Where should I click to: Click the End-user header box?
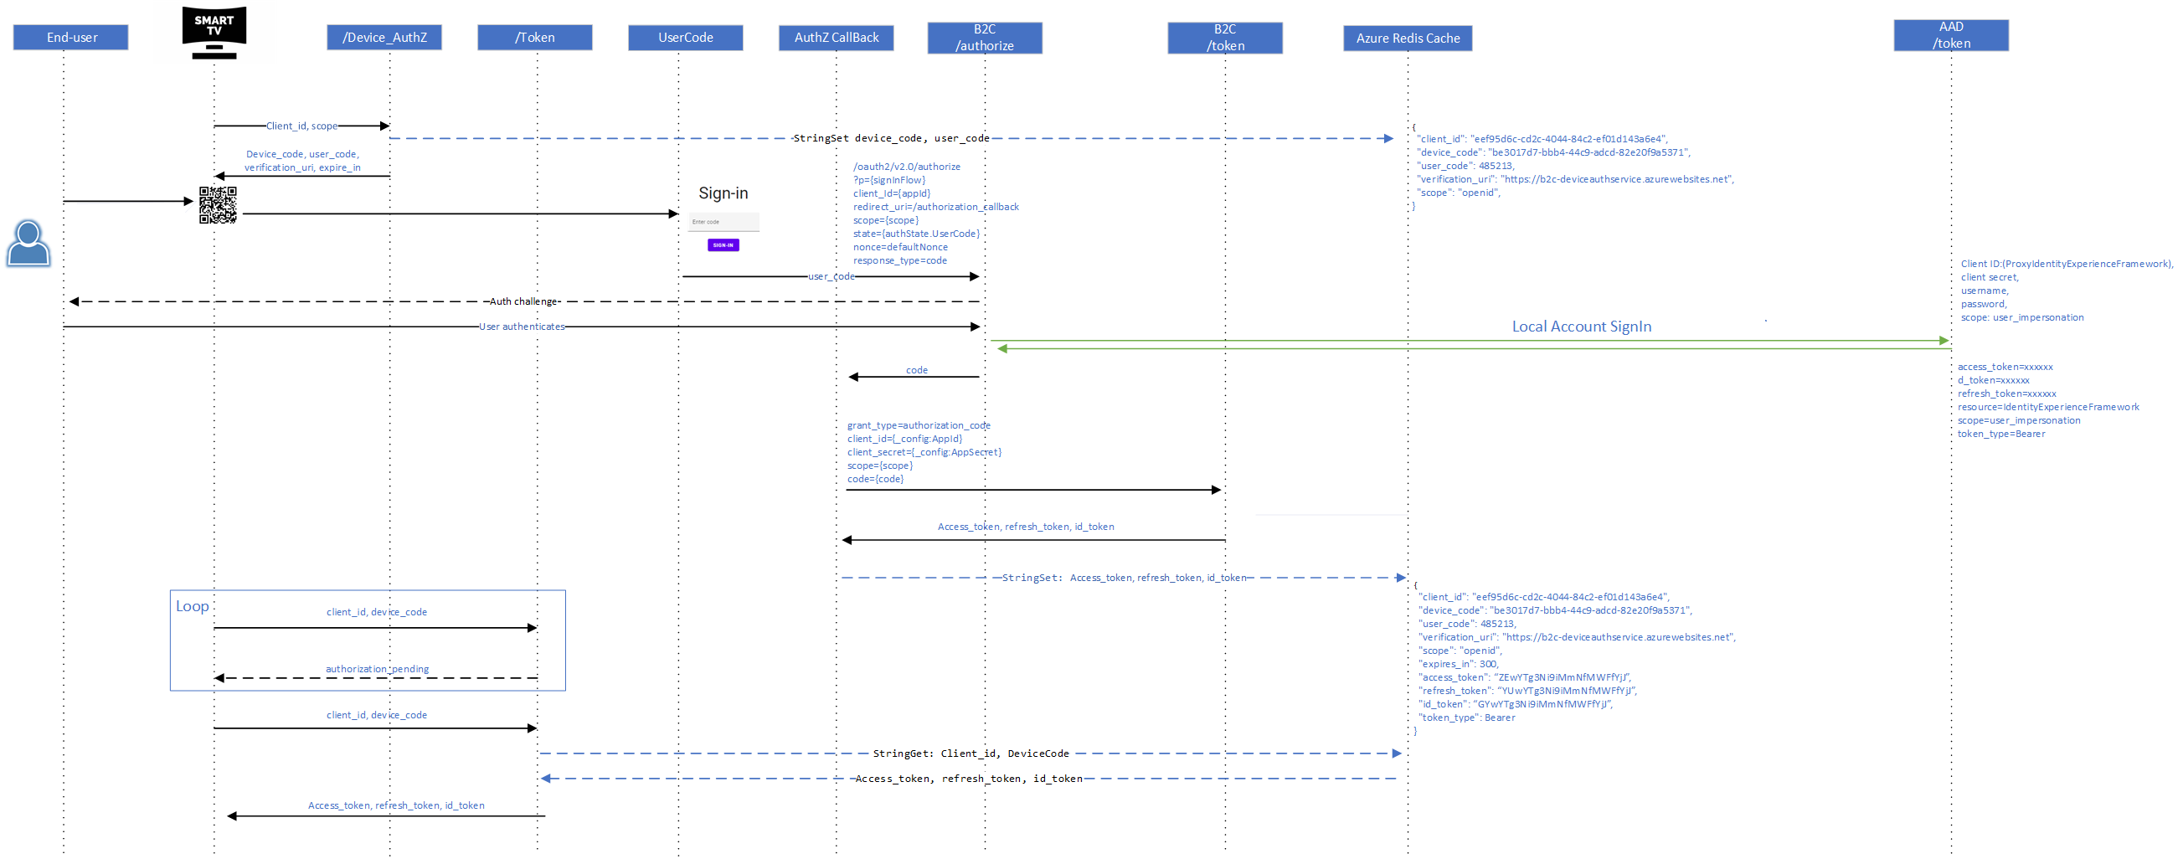tap(71, 38)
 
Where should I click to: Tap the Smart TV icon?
tap(214, 32)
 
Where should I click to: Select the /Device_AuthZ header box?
tap(384, 38)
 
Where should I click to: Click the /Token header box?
tap(535, 38)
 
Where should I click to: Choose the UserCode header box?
tap(686, 38)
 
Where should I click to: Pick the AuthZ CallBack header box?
tap(836, 38)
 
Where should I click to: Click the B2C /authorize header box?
tap(985, 39)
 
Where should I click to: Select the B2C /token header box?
tap(1224, 39)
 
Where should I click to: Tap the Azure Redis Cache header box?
tap(1408, 39)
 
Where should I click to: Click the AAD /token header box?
tap(1951, 35)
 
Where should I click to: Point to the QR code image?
tap(218, 205)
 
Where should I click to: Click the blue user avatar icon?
tap(28, 243)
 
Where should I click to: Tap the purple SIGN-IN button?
tap(723, 244)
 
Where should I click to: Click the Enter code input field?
tap(723, 222)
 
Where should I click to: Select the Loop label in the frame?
tap(193, 606)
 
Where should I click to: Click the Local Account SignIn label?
tap(1581, 327)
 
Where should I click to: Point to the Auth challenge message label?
tap(523, 301)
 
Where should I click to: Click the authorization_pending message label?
tap(377, 669)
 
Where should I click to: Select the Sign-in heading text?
tap(723, 193)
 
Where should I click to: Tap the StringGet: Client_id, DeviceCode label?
tap(971, 754)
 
